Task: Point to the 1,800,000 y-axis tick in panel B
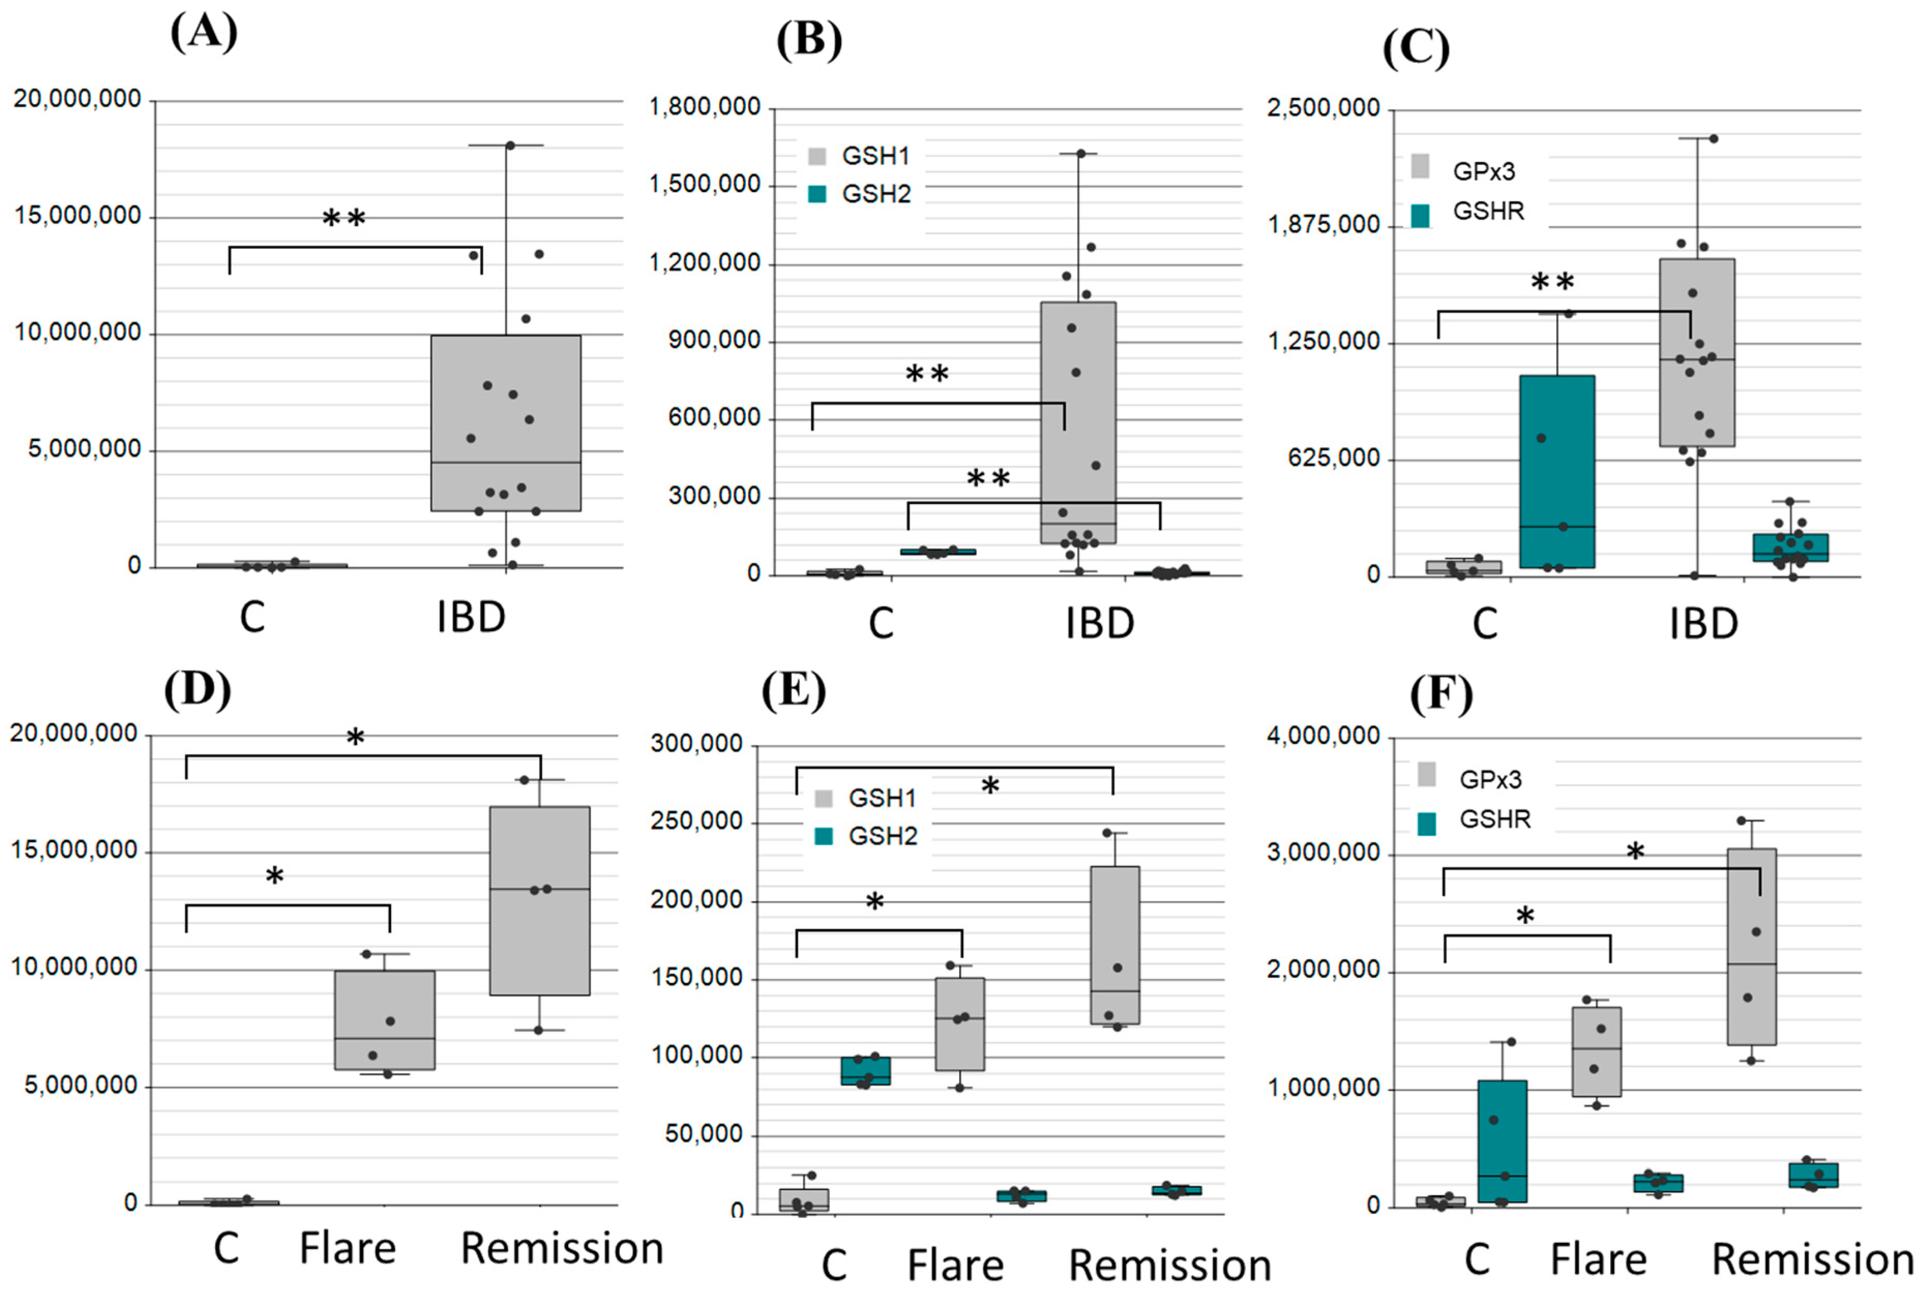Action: (x=704, y=108)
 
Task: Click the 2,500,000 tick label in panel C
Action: (x=1323, y=108)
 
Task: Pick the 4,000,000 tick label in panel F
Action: (x=1323, y=736)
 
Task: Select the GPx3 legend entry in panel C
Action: (x=1483, y=171)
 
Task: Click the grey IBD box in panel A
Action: (x=505, y=422)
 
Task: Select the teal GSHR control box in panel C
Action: (x=1557, y=471)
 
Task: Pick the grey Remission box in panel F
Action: (x=1751, y=946)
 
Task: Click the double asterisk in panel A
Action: (x=343, y=219)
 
